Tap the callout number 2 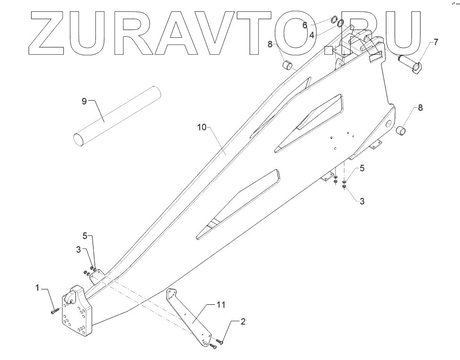(x=243, y=322)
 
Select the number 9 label (x=85, y=101)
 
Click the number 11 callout (x=221, y=305)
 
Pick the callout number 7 (x=435, y=42)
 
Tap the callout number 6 (x=305, y=25)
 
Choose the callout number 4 (x=312, y=34)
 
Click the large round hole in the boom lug (x=388, y=124)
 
